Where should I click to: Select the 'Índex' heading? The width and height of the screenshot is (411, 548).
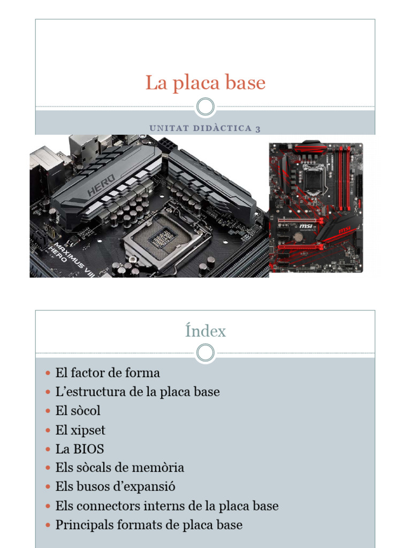tap(205, 331)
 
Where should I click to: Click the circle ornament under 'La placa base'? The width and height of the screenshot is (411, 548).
tap(205, 106)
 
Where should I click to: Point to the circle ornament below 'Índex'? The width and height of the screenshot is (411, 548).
tap(205, 353)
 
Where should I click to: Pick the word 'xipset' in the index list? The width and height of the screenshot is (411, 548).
tap(89, 430)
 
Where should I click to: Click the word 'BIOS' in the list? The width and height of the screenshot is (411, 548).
tap(89, 449)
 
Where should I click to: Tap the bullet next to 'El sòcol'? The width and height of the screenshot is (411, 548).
tap(48, 412)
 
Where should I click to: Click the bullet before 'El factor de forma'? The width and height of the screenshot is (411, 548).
tap(48, 373)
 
